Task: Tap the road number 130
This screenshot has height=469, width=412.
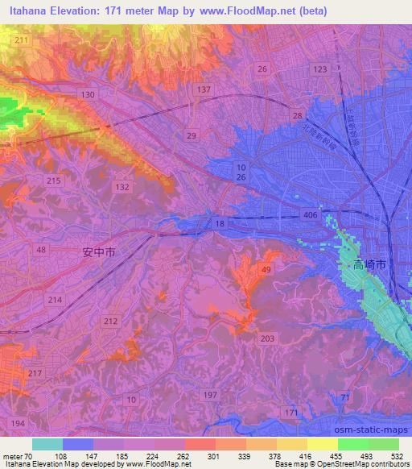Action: [88, 95]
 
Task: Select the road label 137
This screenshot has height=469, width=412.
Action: [204, 89]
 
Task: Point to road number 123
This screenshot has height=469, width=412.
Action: [320, 70]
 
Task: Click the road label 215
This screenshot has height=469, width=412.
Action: [54, 181]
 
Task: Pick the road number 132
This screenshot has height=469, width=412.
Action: [122, 187]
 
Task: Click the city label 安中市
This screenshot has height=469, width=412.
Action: [100, 252]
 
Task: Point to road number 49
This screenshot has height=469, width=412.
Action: [266, 269]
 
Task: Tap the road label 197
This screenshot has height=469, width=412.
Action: [211, 394]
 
